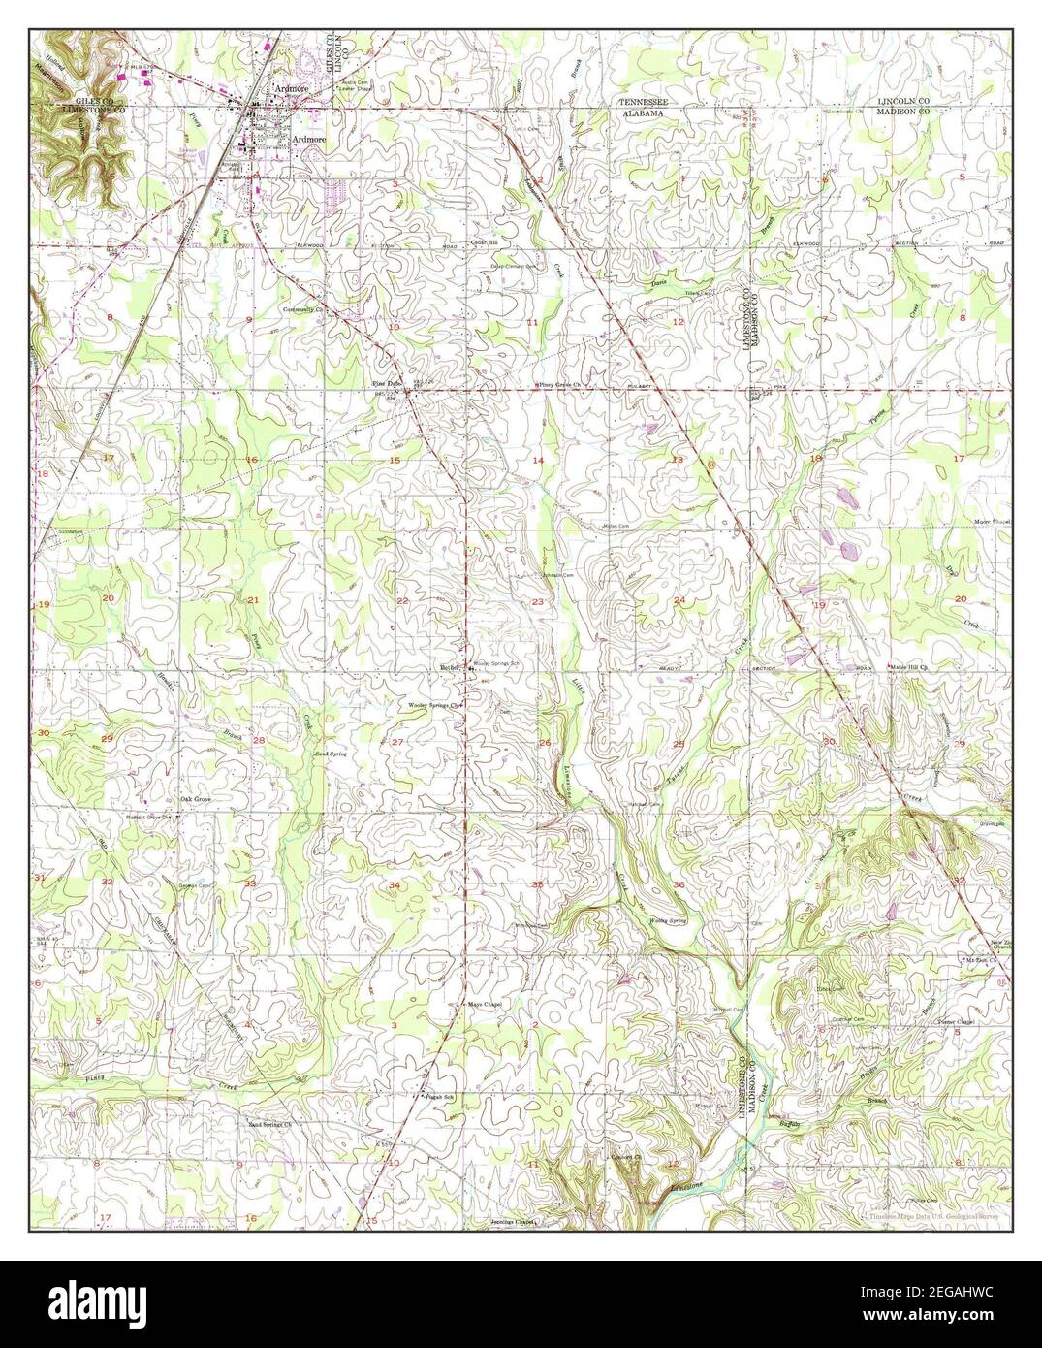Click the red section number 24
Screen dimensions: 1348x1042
click(679, 601)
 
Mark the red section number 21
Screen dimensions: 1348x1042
click(253, 600)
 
